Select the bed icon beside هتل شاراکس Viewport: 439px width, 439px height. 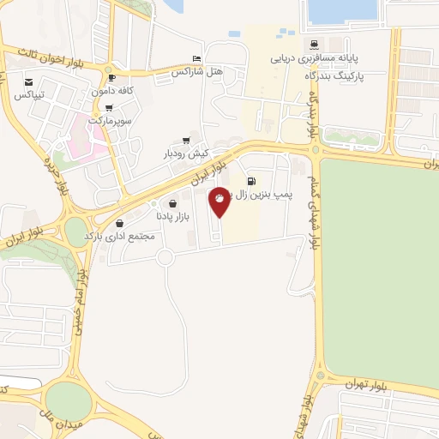(197, 58)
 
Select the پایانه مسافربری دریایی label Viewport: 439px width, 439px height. (314, 59)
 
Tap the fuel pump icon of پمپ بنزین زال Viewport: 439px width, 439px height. (251, 180)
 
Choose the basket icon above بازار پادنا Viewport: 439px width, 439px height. (174, 204)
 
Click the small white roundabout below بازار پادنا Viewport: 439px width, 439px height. (165, 257)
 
